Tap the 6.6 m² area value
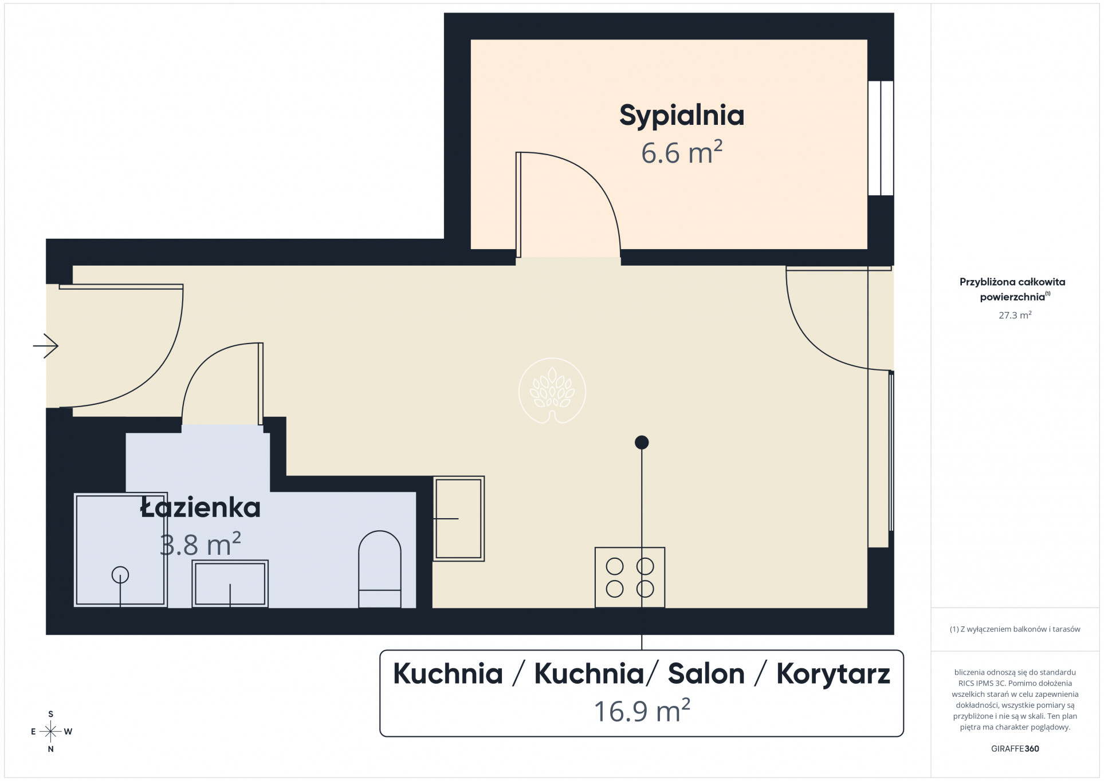682,153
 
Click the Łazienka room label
201,507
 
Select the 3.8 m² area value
201,545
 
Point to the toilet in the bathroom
380,569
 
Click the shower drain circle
120,574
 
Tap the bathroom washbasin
230,583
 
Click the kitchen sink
458,518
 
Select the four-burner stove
630,577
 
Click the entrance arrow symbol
46,346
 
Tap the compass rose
51,732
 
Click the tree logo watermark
552,391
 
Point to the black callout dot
642,442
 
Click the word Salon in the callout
706,673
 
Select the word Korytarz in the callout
833,674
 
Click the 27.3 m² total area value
1015,315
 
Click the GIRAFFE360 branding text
1015,748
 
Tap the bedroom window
881,138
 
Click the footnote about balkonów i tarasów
1015,629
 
